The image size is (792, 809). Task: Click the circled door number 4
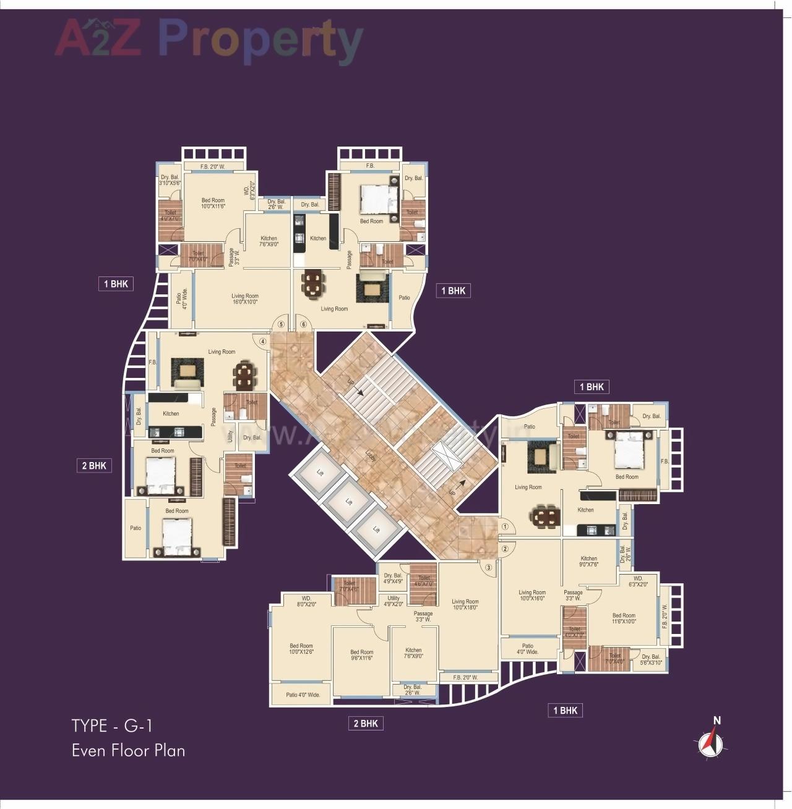262,341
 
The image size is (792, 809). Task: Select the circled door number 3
488,567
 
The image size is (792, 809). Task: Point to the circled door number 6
303,324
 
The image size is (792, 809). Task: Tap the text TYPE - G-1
111,725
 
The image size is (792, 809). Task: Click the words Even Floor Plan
128,750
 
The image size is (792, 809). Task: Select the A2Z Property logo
209,38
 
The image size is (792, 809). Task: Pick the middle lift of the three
348,502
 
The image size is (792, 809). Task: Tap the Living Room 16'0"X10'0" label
245,299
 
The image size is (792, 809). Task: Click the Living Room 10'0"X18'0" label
465,605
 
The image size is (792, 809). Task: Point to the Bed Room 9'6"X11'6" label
362,655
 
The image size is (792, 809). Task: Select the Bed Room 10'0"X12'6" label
301,649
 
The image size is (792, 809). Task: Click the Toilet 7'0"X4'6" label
350,586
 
